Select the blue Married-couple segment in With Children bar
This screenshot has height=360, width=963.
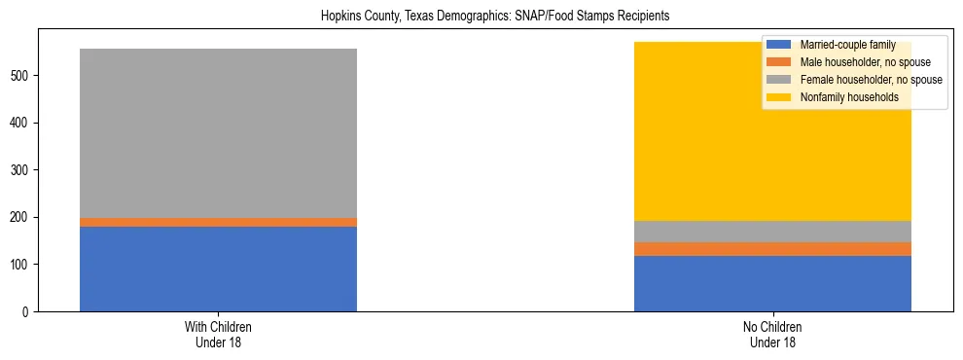pos(218,269)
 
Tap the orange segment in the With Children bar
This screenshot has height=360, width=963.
pos(218,222)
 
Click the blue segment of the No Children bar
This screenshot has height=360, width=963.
pos(772,283)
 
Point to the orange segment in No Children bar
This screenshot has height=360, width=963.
pos(772,249)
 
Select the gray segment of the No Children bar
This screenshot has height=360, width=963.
pos(772,232)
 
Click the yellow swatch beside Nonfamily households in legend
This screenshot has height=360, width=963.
pos(779,97)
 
